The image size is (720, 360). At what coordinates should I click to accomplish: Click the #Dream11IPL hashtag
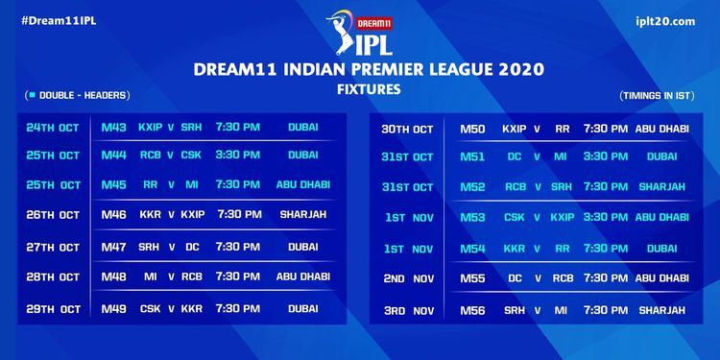point(59,21)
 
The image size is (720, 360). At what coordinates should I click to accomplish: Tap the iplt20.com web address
point(665,21)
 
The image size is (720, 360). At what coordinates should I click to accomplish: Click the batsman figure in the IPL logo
point(340,32)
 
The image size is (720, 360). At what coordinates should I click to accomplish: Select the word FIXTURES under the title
point(369,88)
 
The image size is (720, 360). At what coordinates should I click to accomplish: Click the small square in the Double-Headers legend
point(33,95)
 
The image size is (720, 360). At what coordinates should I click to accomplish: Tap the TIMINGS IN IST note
point(657,96)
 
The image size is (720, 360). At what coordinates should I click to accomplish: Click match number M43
point(114,127)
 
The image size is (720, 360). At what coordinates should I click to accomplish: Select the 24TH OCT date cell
point(53,128)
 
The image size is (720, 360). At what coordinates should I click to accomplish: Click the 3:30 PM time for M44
point(238,155)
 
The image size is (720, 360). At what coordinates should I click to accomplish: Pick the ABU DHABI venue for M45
point(303,184)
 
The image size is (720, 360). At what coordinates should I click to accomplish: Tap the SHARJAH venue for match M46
point(303,214)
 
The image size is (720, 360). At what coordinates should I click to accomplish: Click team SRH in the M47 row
point(149,247)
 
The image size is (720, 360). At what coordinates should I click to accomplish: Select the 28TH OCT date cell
point(53,276)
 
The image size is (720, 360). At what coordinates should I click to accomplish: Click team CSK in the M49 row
point(151,309)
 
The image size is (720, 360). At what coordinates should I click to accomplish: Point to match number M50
point(472,129)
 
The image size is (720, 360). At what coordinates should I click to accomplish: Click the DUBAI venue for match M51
point(661,156)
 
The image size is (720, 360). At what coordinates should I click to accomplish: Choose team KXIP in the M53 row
point(563,217)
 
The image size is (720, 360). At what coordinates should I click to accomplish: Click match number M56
point(472,310)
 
